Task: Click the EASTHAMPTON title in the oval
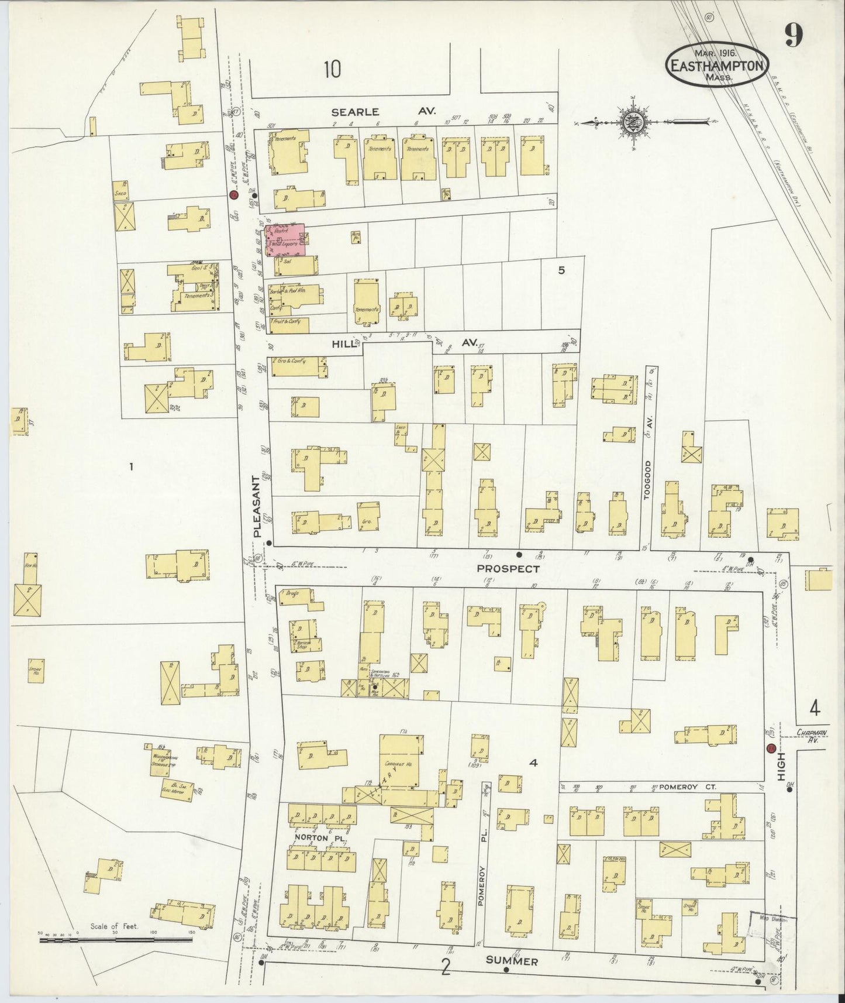pyautogui.click(x=717, y=65)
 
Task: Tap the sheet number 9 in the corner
pyautogui.click(x=794, y=37)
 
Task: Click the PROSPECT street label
pyautogui.click(x=508, y=568)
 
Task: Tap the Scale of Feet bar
pyautogui.click(x=116, y=939)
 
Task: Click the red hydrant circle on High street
pyautogui.click(x=771, y=748)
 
